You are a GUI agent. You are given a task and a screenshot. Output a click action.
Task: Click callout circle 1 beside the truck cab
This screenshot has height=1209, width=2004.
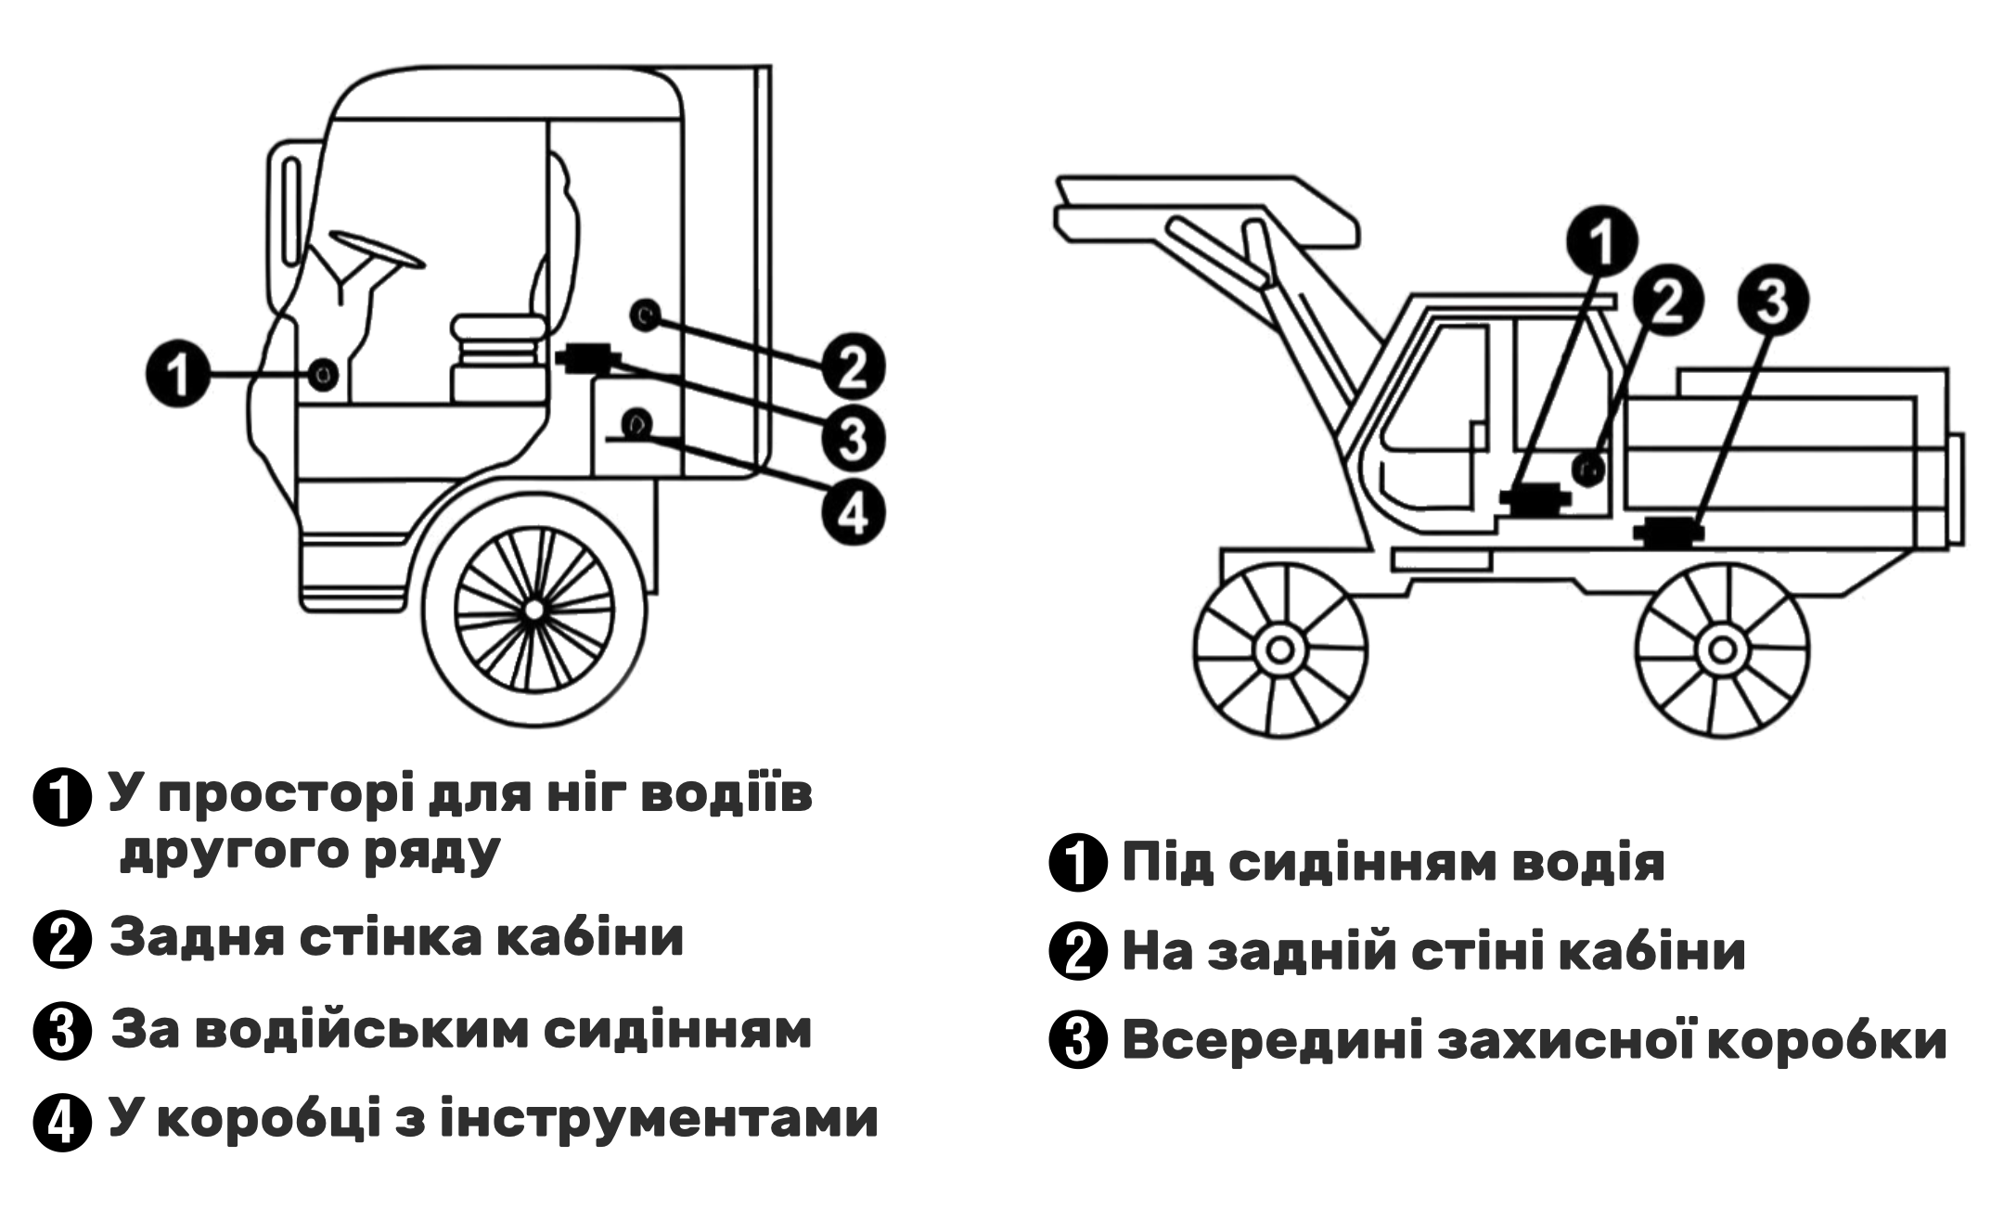179,375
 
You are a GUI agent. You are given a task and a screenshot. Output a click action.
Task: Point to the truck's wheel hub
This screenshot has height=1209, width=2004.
533,610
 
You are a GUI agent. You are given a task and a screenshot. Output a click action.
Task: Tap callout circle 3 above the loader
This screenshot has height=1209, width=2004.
1772,302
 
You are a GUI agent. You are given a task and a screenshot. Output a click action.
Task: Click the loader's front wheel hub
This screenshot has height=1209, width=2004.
1279,650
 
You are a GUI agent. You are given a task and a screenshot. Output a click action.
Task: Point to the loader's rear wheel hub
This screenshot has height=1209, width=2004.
1721,650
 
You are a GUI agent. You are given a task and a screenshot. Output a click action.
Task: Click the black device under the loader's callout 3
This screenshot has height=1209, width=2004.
1669,532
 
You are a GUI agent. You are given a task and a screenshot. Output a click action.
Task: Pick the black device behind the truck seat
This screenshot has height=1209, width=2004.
587,357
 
